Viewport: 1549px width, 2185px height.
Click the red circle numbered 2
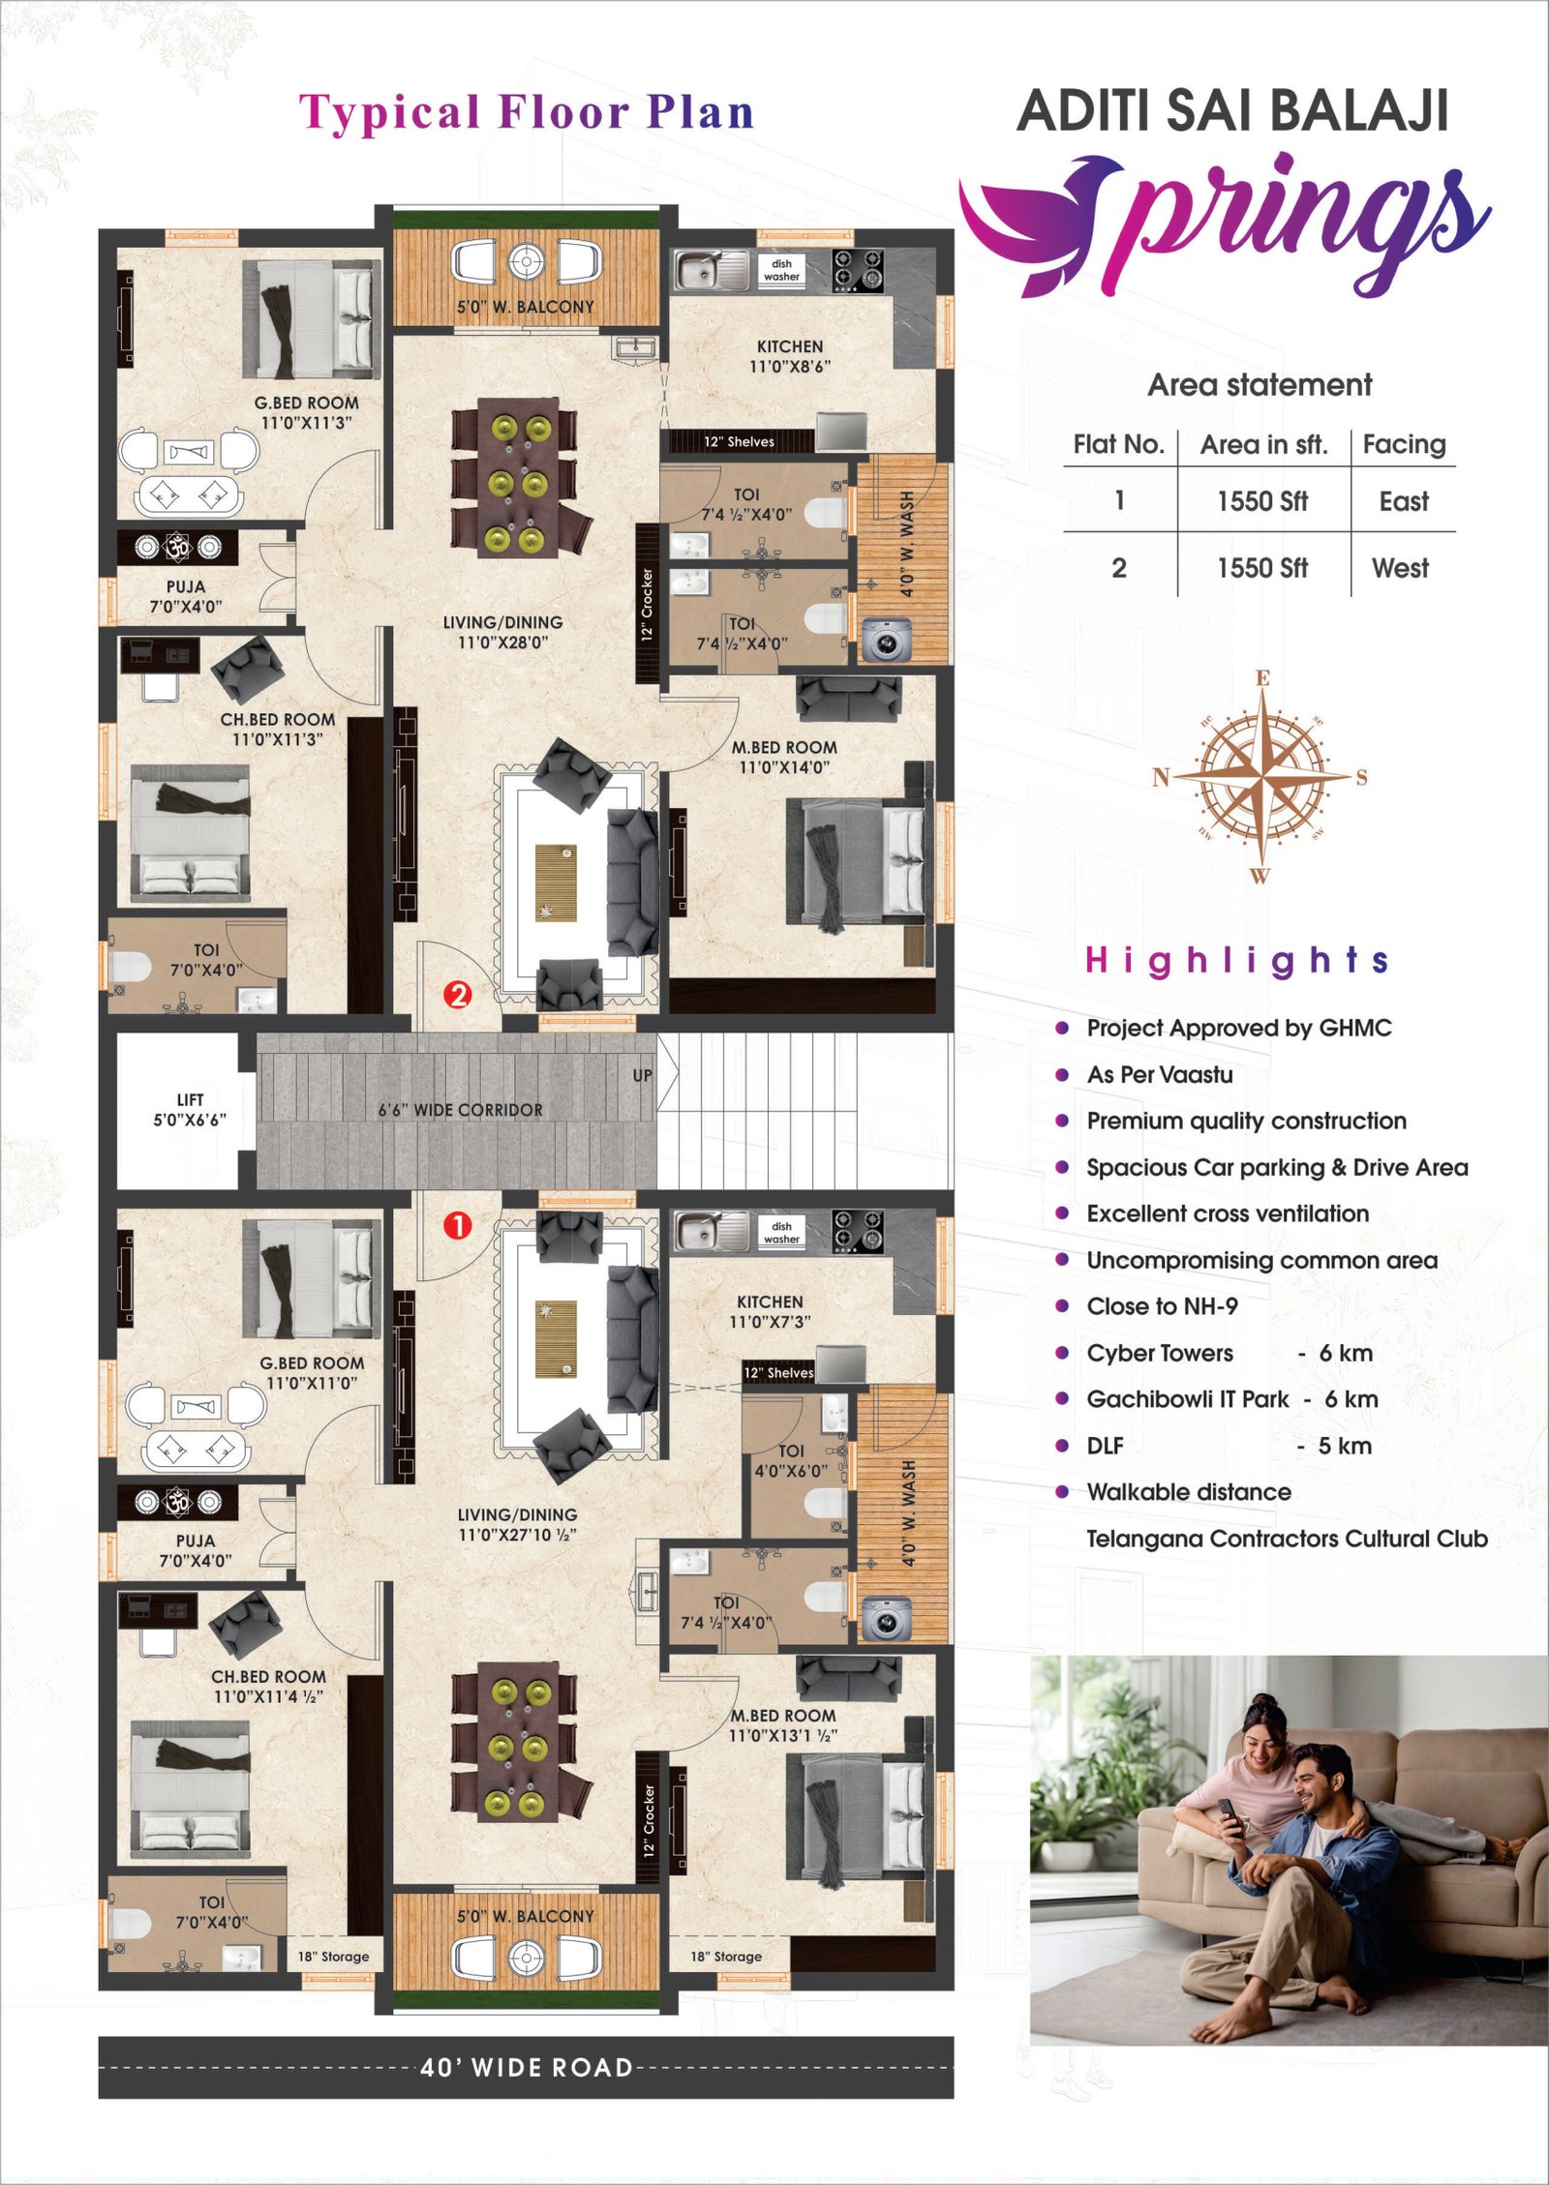tap(457, 994)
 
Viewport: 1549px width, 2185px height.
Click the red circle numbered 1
tap(457, 1225)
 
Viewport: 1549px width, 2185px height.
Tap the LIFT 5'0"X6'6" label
tap(190, 1110)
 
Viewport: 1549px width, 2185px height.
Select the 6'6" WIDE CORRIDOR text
tap(460, 1110)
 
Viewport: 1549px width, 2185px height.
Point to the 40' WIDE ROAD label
tap(527, 2068)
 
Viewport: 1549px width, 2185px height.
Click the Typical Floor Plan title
tap(526, 112)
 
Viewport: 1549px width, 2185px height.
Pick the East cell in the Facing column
tap(1404, 501)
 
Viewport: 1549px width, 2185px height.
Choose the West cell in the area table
tap(1400, 568)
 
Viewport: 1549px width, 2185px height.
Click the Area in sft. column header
tap(1263, 445)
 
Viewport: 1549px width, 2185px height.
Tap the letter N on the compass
tap(1162, 777)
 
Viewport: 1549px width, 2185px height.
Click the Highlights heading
tap(1237, 960)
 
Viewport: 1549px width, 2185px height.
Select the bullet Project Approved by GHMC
tap(1238, 1028)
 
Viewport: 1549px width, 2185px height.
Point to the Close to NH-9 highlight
tap(1162, 1306)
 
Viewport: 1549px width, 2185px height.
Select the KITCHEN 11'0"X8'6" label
tap(790, 356)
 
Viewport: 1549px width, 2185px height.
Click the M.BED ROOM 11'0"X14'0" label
tap(784, 758)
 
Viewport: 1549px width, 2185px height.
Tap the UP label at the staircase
tap(642, 1075)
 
